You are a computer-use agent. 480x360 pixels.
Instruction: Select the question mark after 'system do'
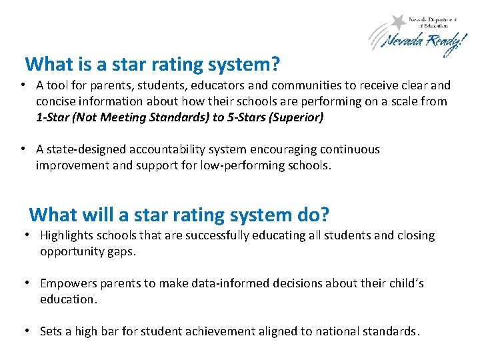tap(325, 215)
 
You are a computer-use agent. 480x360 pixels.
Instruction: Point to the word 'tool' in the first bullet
tap(58, 85)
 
